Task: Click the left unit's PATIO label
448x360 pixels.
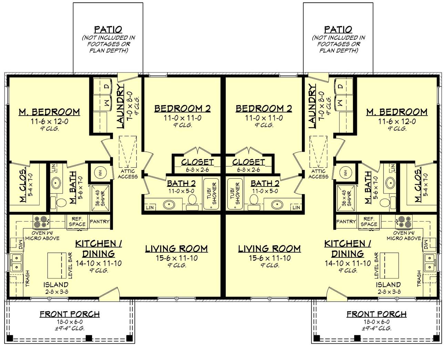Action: tap(108, 30)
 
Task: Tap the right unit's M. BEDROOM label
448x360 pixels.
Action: tap(397, 112)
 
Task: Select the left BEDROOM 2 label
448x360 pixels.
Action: tap(182, 109)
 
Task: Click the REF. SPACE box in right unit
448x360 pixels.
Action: tap(369, 221)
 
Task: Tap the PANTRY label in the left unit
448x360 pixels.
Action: tap(100, 222)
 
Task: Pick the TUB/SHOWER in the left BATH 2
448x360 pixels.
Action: tap(212, 194)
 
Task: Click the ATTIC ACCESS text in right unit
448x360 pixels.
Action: tap(318, 174)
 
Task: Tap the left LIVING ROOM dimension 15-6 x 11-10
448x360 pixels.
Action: tap(176, 258)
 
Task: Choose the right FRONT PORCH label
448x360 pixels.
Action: tap(376, 314)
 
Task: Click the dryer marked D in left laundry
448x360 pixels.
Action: tap(106, 86)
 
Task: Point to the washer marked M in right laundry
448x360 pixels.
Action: tap(340, 102)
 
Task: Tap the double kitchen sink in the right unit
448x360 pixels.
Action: tap(429, 263)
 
